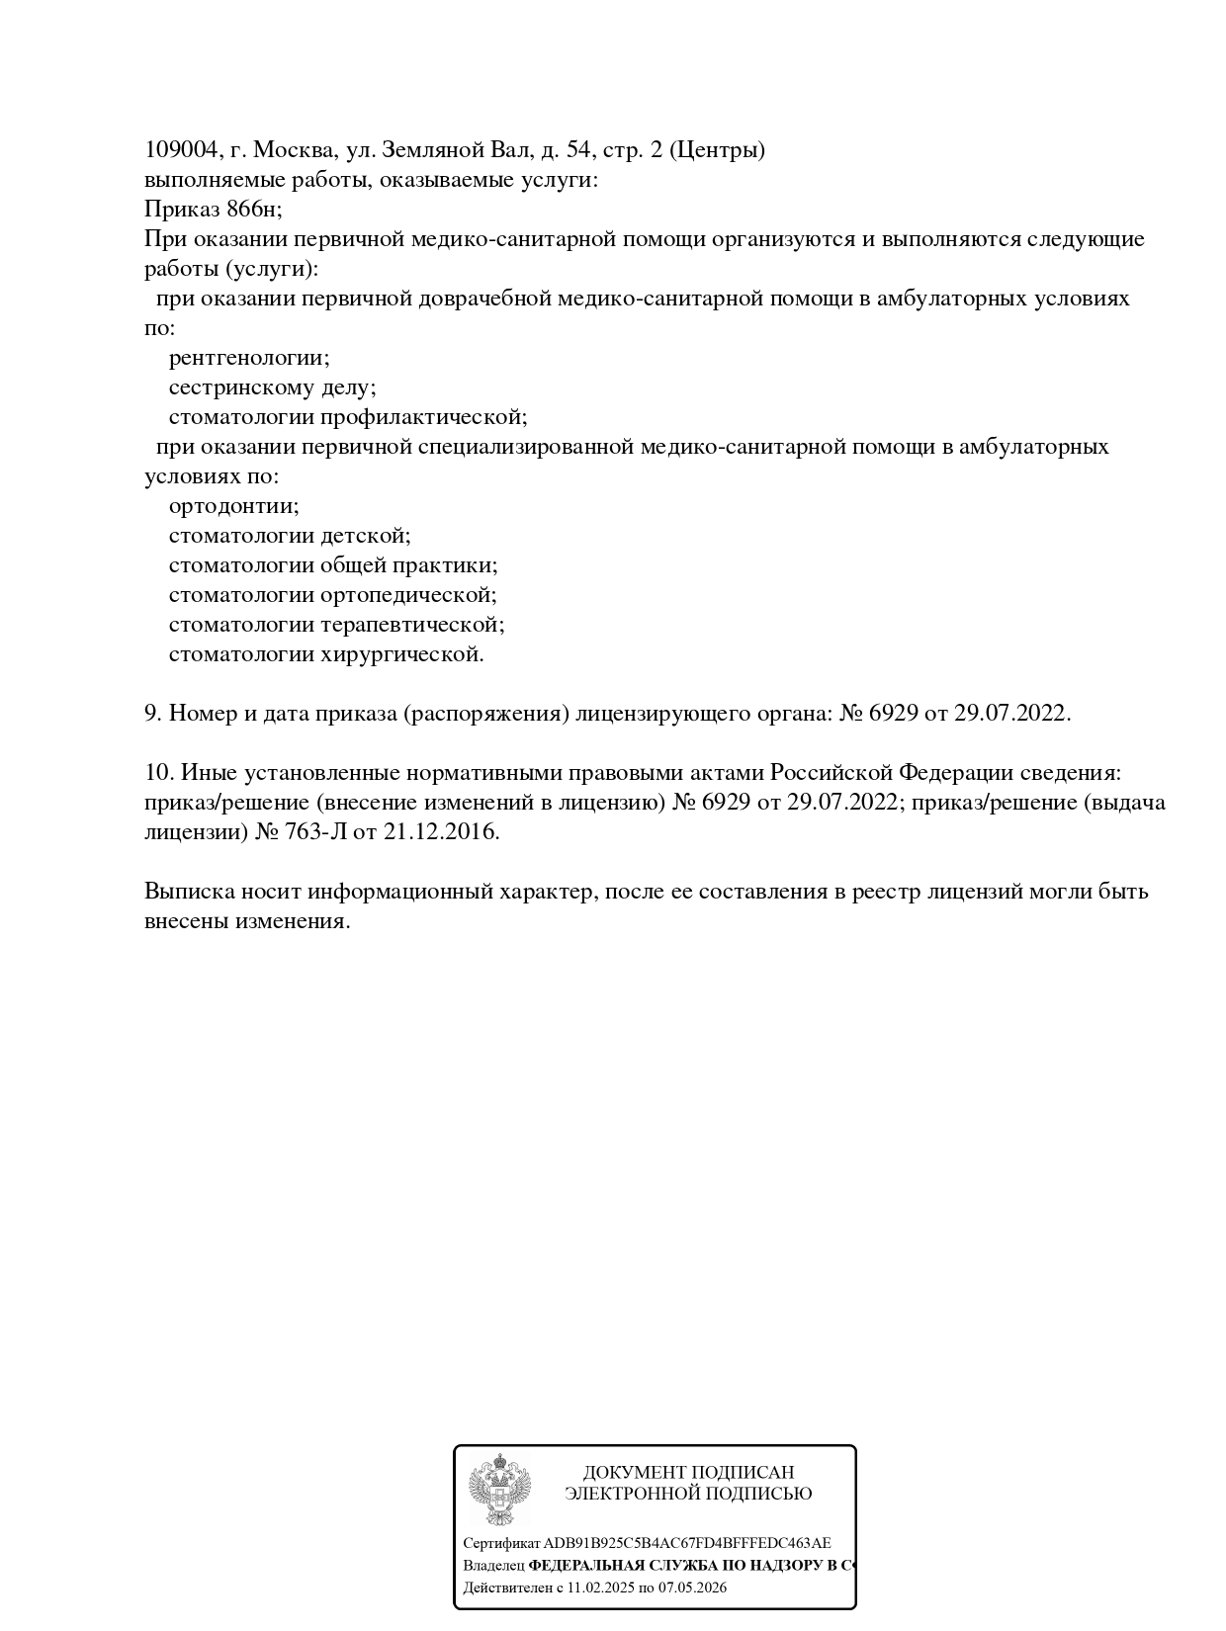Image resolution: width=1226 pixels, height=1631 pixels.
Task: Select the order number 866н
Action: tap(253, 210)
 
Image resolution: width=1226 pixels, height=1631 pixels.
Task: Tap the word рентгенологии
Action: tap(248, 358)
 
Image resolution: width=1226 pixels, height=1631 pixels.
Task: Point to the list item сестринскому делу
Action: tap(272, 387)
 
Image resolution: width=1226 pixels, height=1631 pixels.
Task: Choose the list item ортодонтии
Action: tap(233, 506)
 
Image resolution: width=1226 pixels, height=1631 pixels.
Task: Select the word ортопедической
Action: tap(408, 595)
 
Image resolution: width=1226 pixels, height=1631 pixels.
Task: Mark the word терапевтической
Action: tap(412, 625)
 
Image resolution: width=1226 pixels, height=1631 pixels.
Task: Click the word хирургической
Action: tap(401, 654)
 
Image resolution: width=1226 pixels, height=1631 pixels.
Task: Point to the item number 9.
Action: tap(152, 714)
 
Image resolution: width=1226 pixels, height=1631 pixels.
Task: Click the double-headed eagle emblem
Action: tap(500, 1490)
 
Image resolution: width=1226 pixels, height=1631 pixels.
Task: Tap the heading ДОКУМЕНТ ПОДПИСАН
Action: tap(688, 1473)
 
